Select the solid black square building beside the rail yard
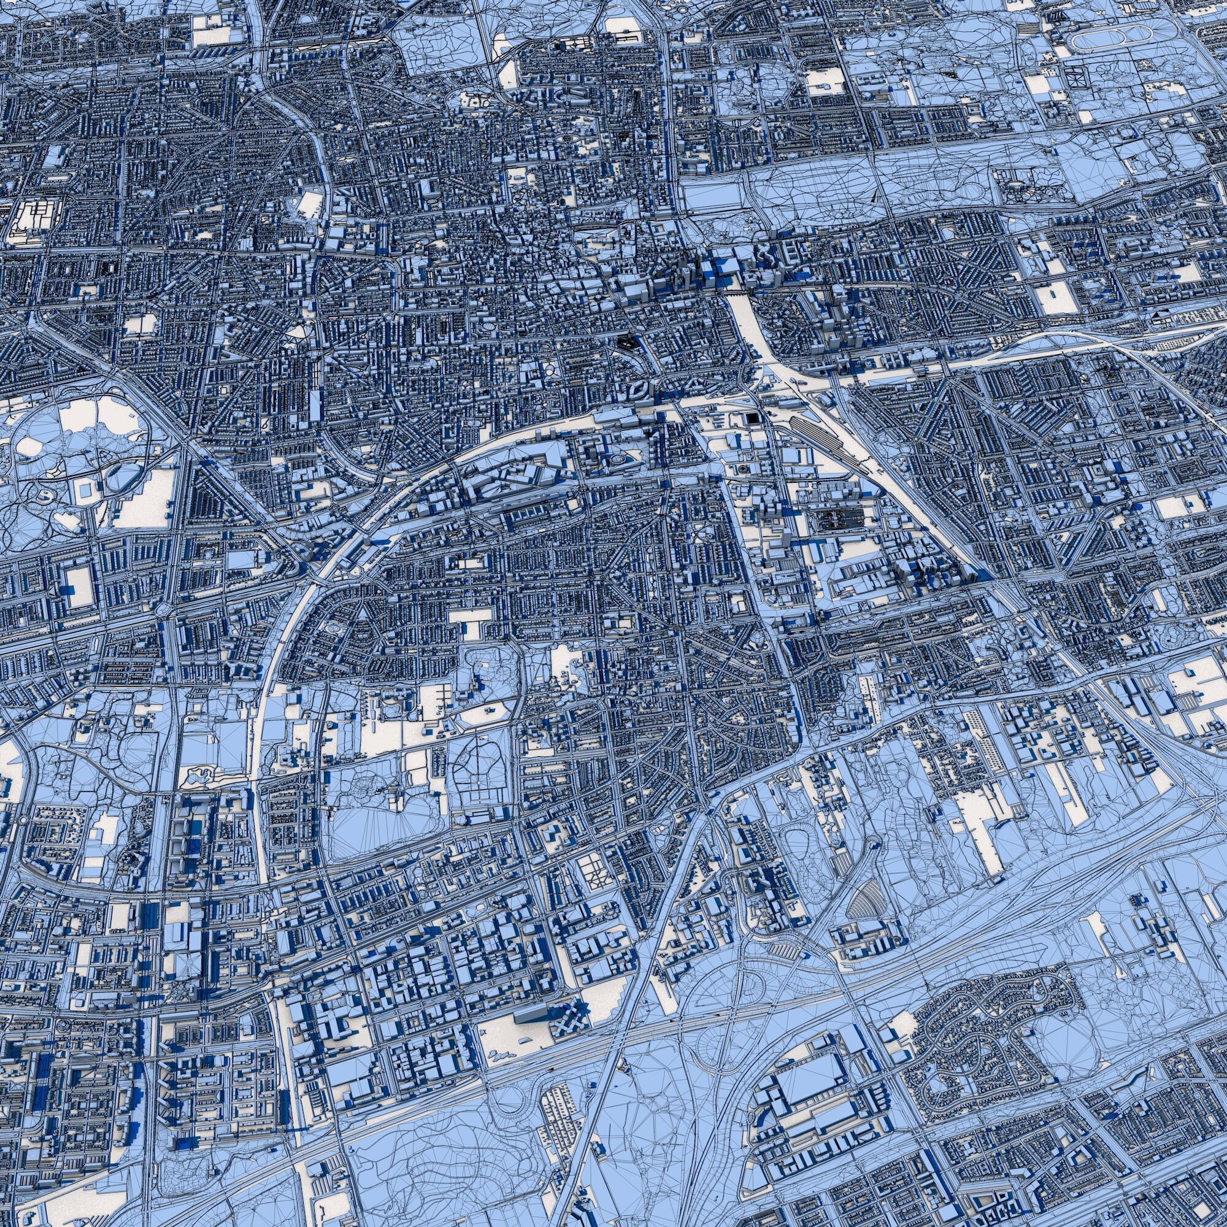(752, 417)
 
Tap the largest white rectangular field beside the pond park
(144, 502)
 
